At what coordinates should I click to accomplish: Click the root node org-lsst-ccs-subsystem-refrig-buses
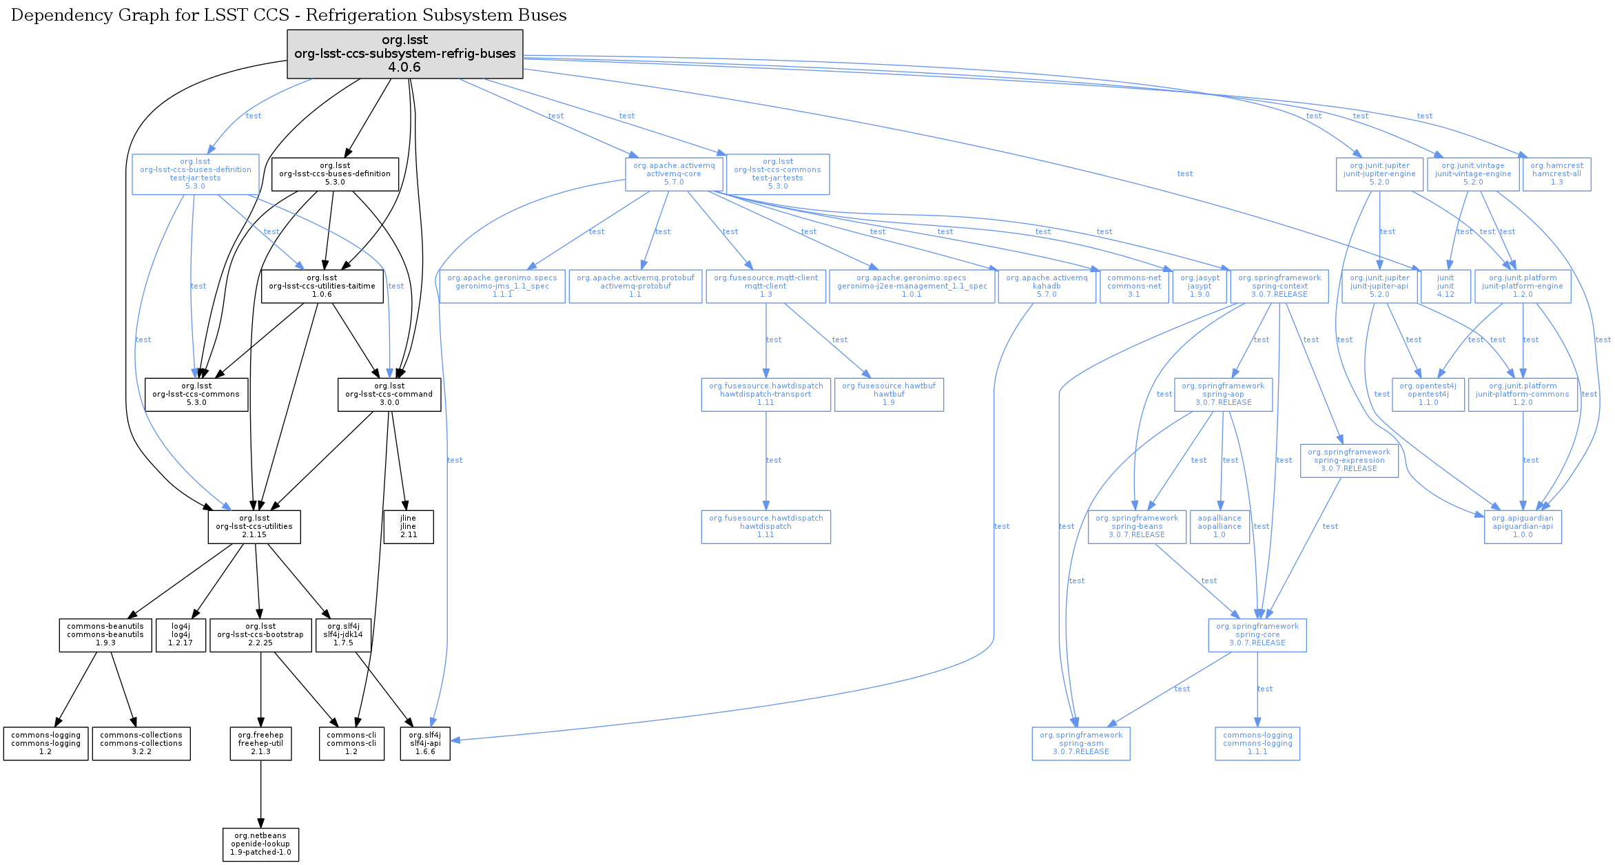pyautogui.click(x=404, y=54)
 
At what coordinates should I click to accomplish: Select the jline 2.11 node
pyautogui.click(x=408, y=526)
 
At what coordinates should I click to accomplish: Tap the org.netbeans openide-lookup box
pyautogui.click(x=260, y=844)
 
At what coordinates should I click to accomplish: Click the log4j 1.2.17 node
pyautogui.click(x=181, y=634)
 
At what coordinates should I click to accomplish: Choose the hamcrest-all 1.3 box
pyautogui.click(x=1556, y=174)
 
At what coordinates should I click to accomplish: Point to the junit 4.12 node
pyautogui.click(x=1446, y=286)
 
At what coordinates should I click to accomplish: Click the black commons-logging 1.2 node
pyautogui.click(x=45, y=743)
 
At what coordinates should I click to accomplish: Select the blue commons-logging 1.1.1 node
pyautogui.click(x=1257, y=743)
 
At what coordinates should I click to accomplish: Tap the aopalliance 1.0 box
pyautogui.click(x=1219, y=526)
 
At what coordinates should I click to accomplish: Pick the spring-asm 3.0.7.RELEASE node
pyautogui.click(x=1080, y=743)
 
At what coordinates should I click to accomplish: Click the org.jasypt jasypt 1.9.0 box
pyautogui.click(x=1200, y=286)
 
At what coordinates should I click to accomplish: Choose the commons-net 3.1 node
pyautogui.click(x=1133, y=286)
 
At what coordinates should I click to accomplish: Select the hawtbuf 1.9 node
pyautogui.click(x=889, y=394)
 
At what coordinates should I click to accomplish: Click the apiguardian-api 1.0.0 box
pyautogui.click(x=1523, y=526)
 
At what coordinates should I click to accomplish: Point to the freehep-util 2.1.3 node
pyautogui.click(x=260, y=743)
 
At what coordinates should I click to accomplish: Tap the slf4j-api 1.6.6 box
pyautogui.click(x=425, y=743)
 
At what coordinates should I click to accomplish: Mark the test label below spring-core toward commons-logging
pyautogui.click(x=1264, y=689)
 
